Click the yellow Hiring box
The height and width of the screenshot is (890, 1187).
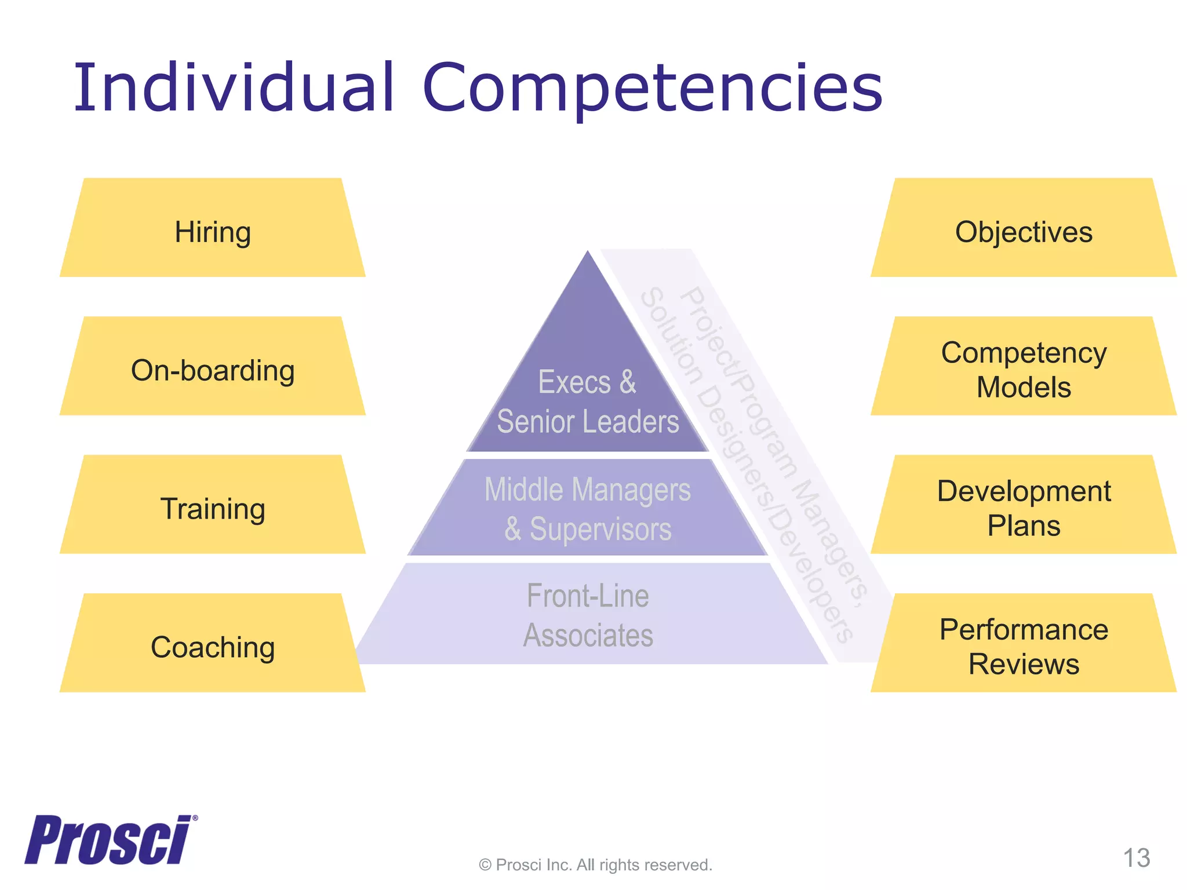213,232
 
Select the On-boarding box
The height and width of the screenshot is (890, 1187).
213,370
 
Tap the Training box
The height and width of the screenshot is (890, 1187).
213,509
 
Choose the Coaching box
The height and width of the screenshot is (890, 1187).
213,647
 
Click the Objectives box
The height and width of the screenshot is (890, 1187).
1024,232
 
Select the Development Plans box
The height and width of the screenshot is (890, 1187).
1024,508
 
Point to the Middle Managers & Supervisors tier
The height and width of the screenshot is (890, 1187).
587,509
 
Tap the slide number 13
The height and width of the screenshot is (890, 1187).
1136,858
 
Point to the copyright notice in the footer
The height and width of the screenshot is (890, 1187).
595,865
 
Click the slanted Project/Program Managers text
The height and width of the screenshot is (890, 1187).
774,446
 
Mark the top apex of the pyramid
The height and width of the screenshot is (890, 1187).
588,253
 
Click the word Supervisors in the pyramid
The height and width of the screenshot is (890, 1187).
600,529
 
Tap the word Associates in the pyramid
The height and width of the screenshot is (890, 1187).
588,636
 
